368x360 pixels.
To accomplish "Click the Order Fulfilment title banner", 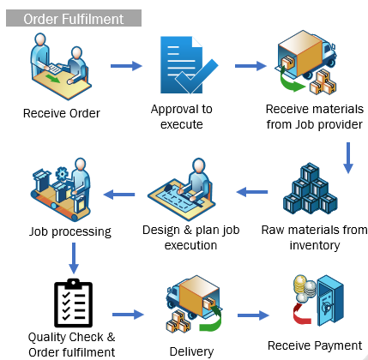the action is point(74,18).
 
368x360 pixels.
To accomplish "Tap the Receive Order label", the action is point(62,113).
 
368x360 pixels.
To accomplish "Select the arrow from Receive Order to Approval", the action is point(126,66).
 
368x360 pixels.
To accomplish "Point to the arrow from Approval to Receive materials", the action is point(250,66).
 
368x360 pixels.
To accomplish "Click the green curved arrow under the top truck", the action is point(290,81).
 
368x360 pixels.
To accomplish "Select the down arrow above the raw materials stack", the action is point(348,158).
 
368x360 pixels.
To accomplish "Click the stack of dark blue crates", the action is point(311,189).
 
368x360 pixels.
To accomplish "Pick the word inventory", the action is point(315,245).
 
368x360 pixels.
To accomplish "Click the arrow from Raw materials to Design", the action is point(252,192).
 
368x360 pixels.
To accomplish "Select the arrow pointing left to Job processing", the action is point(119,195).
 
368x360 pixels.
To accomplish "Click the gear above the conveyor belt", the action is point(62,173).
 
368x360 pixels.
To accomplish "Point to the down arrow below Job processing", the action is point(74,258).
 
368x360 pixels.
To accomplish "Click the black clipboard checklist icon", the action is point(73,303).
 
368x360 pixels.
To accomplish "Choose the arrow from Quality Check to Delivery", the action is point(128,315).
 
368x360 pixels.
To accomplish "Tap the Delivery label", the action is point(191,351).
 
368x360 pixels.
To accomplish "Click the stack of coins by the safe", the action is point(304,288).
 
